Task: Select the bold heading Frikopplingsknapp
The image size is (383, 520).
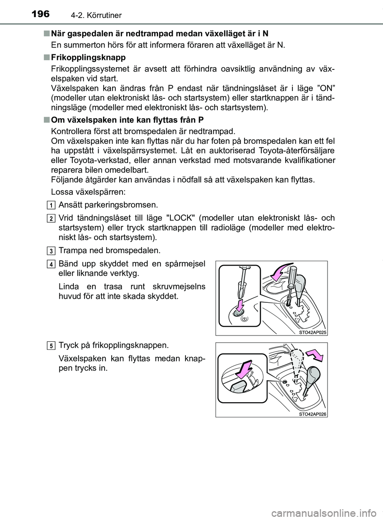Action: pos(88,57)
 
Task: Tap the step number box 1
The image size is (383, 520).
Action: pos(52,205)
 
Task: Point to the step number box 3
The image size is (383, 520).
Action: pos(52,251)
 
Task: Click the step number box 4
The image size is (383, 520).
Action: pos(52,264)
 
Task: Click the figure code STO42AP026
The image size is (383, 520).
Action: pos(312,414)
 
